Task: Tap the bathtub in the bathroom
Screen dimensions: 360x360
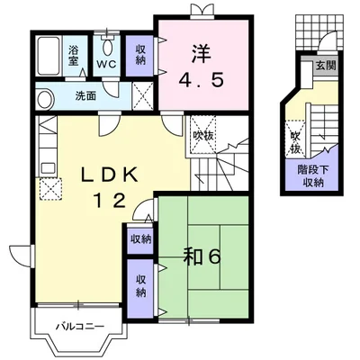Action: click(49, 57)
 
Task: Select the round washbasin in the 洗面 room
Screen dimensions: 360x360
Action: click(45, 99)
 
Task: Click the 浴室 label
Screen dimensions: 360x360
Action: click(73, 56)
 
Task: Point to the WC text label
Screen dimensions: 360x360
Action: click(107, 65)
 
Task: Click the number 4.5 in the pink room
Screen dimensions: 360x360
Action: click(202, 80)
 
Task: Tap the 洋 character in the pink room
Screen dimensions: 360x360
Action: click(201, 54)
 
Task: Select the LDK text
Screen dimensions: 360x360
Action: click(110, 175)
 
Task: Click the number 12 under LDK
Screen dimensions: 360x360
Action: click(111, 201)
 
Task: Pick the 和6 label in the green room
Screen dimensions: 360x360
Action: click(202, 257)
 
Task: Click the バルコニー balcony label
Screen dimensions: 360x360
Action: click(80, 326)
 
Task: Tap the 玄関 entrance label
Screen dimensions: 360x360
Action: click(326, 65)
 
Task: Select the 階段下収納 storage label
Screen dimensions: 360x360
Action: click(313, 176)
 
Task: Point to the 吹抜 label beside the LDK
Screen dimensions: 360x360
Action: click(203, 136)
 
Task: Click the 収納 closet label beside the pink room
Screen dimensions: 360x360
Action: click(140, 55)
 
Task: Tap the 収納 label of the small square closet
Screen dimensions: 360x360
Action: click(140, 239)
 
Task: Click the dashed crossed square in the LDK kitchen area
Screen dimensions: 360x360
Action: click(51, 188)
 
